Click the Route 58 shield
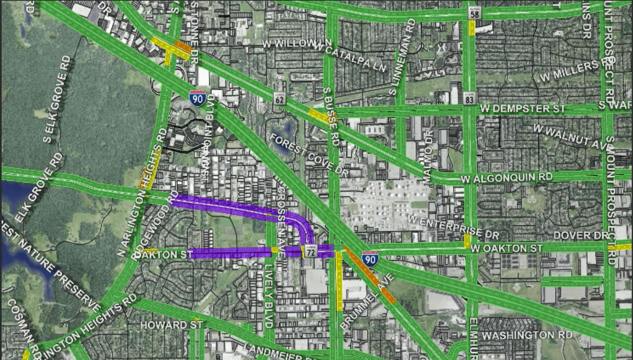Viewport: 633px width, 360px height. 475,13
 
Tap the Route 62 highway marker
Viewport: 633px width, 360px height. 280,99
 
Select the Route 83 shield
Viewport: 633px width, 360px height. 470,98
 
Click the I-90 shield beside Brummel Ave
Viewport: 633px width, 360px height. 370,258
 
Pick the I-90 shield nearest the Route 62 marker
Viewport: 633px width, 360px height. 198,98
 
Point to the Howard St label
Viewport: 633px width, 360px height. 172,325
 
